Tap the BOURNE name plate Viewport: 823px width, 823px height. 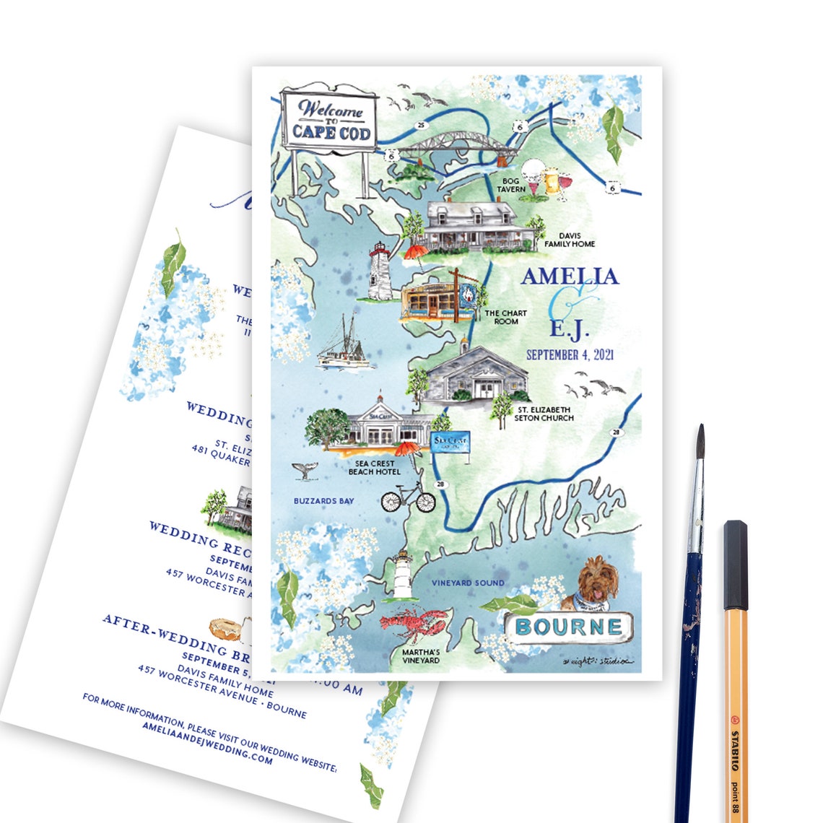tap(568, 627)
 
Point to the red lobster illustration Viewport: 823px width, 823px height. tap(411, 625)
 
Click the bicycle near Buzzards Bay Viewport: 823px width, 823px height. tap(408, 497)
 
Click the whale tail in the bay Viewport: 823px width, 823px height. tap(301, 471)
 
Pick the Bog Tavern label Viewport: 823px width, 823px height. tap(510, 185)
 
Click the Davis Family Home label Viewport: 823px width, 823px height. tap(570, 240)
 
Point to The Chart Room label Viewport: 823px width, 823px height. tap(505, 317)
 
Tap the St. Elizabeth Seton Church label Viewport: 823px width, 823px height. tap(544, 414)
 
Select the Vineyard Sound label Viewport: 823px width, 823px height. tap(468, 583)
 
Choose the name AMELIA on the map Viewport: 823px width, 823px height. tap(570, 276)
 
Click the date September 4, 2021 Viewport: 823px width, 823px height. tap(570, 355)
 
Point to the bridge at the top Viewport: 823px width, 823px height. tap(458, 148)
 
